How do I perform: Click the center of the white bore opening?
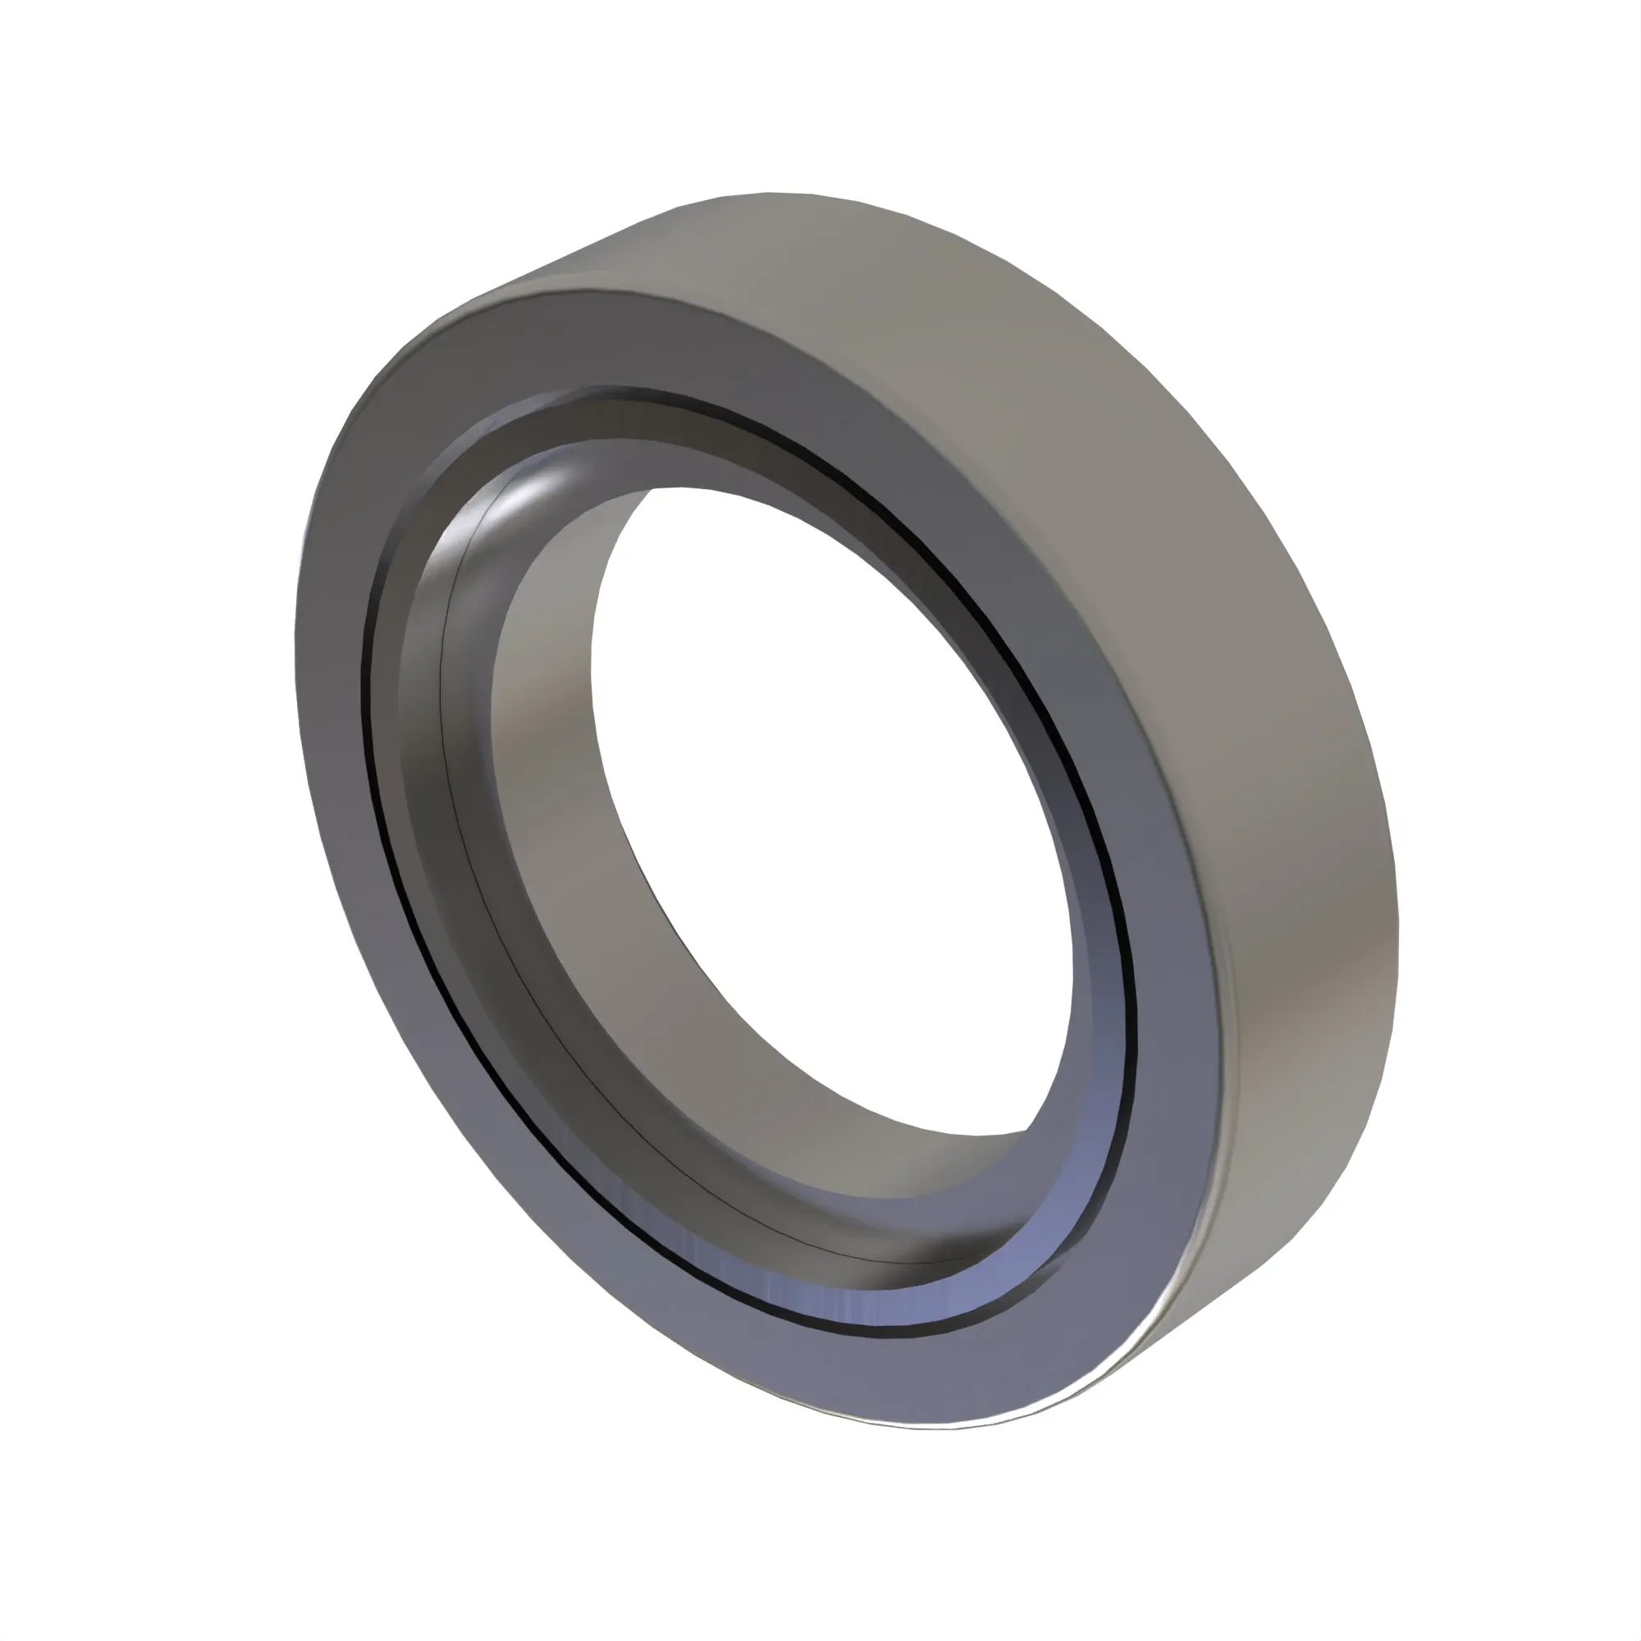837,807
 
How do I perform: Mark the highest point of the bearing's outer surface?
769,193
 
